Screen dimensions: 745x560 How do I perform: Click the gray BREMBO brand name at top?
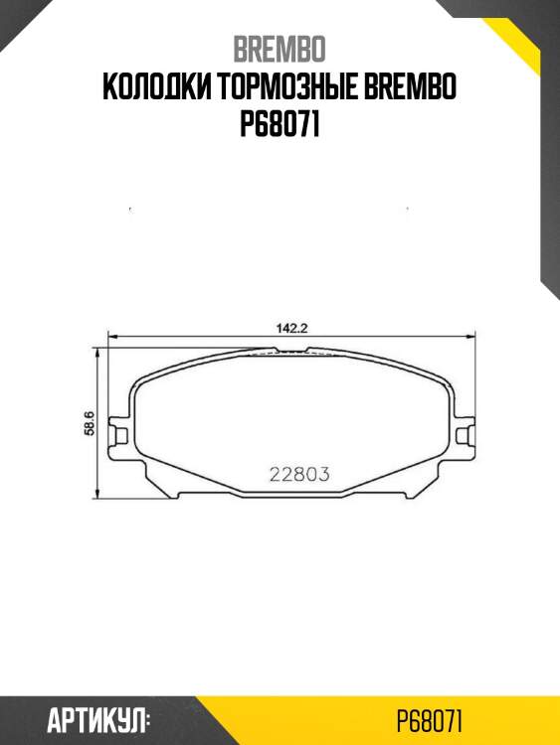click(280, 50)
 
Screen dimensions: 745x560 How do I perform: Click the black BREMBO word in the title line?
click(415, 88)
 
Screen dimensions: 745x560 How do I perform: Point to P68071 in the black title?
click(280, 126)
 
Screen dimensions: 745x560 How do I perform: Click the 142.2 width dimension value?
click(290, 326)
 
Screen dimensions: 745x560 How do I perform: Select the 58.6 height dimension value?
click(89, 423)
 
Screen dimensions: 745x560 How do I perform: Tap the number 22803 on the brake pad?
click(299, 474)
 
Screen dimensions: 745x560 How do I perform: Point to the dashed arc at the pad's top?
click(290, 355)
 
